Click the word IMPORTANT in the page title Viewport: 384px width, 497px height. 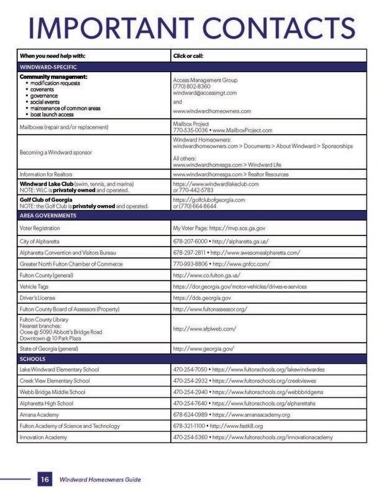[x=97, y=28]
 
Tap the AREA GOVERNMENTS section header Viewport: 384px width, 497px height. [x=48, y=215]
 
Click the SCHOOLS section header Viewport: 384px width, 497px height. [x=33, y=359]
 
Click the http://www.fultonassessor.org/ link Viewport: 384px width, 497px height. [x=210, y=309]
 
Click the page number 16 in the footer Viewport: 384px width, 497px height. [x=45, y=480]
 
